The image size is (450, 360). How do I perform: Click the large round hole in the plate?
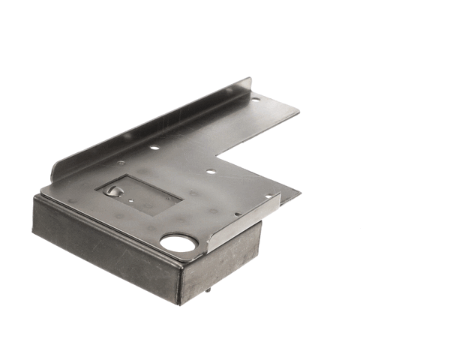tap(178, 243)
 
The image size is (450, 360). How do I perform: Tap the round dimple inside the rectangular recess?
tap(113, 190)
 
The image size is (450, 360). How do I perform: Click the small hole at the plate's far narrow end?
tap(256, 98)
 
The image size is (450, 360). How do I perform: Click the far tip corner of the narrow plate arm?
tap(298, 111)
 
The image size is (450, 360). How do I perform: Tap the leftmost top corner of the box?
tap(34, 197)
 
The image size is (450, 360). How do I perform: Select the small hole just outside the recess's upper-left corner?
tap(121, 163)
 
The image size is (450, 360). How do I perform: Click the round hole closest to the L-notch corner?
tap(211, 171)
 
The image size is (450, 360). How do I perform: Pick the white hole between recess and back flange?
tap(154, 148)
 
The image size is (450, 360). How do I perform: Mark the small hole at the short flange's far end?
tap(268, 197)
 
